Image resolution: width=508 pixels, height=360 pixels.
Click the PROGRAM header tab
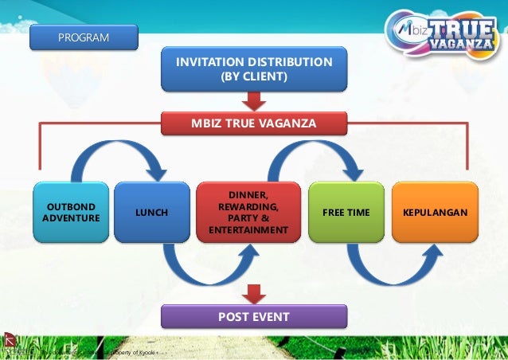(84, 37)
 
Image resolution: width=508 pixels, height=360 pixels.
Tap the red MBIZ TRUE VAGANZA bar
(254, 123)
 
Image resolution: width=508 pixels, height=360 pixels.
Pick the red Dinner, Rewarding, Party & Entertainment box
(248, 212)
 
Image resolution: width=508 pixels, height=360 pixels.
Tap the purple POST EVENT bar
(254, 317)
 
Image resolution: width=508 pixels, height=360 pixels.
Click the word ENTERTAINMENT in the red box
(248, 231)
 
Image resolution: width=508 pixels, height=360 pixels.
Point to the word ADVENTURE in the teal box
(71, 218)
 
